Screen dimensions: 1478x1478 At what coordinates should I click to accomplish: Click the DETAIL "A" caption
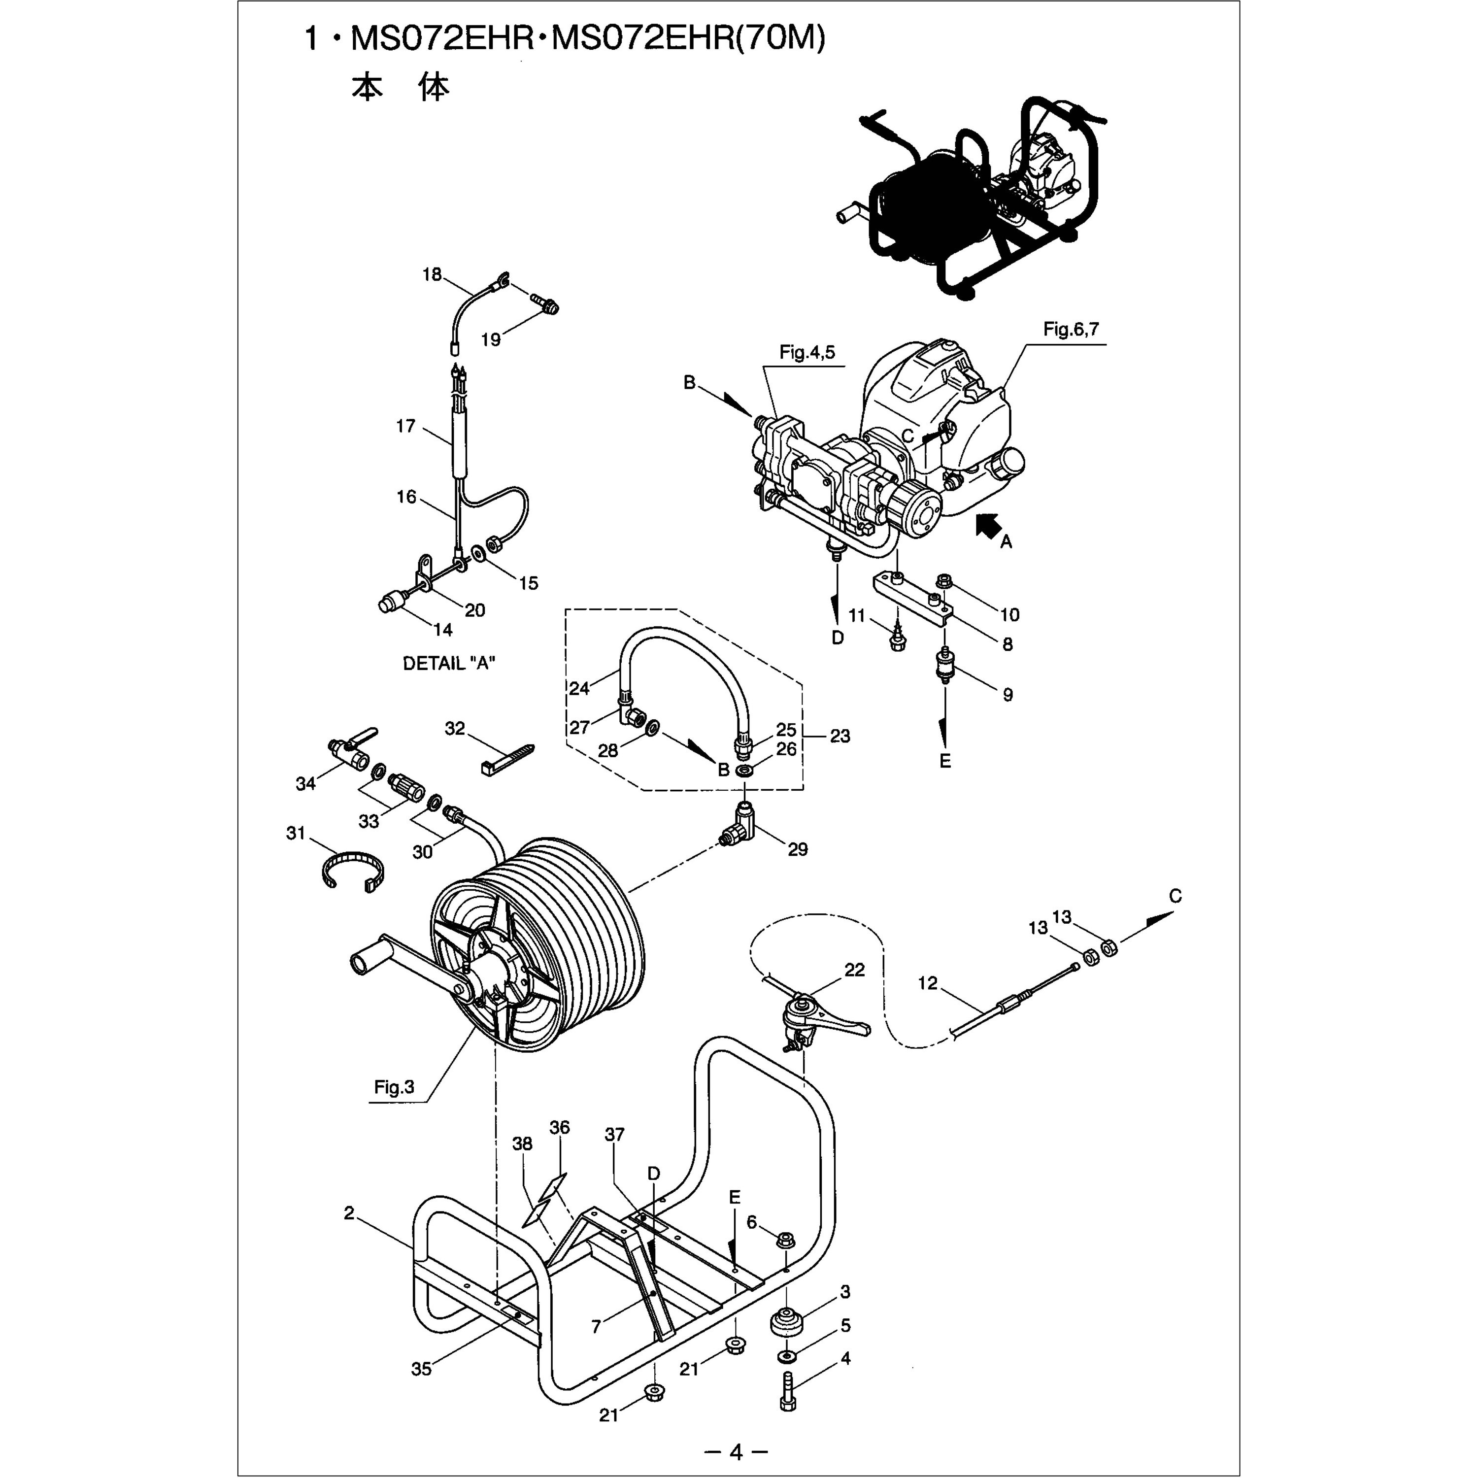(x=449, y=663)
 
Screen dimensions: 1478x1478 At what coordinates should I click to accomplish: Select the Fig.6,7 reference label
(x=1071, y=329)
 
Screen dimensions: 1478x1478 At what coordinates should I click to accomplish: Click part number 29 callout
(x=798, y=849)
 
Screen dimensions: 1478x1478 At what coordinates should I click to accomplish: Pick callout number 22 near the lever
(x=854, y=970)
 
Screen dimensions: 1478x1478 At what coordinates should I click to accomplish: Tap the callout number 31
(x=296, y=833)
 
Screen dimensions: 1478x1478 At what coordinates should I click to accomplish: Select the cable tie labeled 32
(x=508, y=757)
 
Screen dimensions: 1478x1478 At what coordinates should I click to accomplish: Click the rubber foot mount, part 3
(x=788, y=1322)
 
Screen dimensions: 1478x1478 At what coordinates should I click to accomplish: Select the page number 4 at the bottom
(x=736, y=1451)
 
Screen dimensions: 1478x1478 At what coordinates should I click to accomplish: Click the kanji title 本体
(x=400, y=88)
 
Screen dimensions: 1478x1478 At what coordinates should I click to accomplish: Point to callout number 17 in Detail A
(x=405, y=426)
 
